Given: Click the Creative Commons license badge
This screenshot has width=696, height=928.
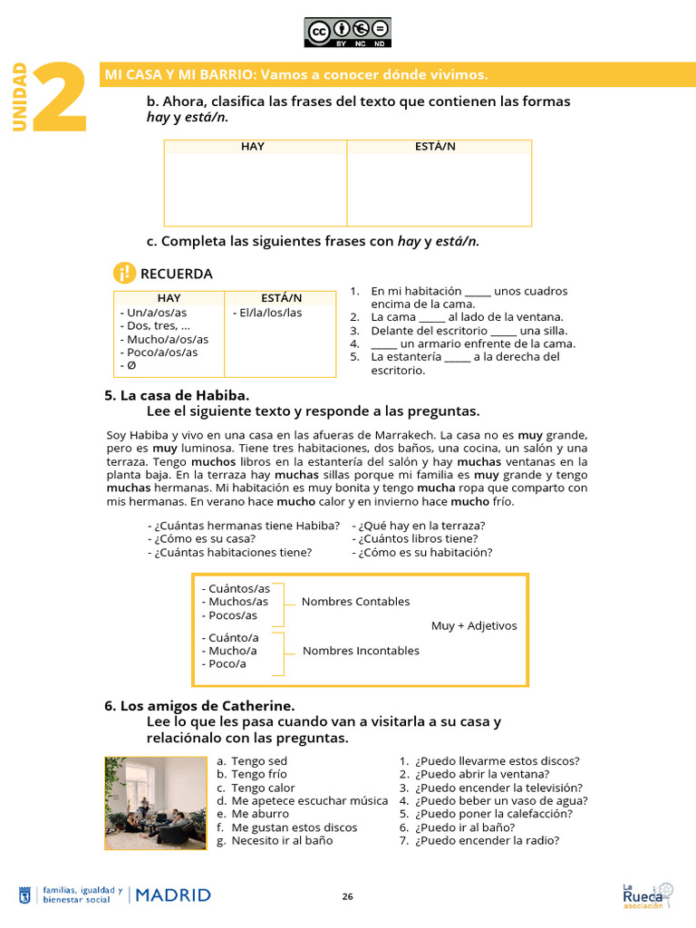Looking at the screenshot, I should (x=348, y=33).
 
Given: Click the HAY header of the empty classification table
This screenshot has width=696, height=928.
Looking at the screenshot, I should (x=253, y=147).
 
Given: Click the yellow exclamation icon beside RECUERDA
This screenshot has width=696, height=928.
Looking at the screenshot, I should (x=124, y=273).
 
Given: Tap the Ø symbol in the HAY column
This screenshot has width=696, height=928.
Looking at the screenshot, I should (x=128, y=365).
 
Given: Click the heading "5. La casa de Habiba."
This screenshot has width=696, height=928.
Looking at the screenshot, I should (x=177, y=395).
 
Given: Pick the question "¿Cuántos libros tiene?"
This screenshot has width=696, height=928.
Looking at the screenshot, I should (x=418, y=538).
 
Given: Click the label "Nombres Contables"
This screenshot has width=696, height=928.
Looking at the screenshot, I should (x=355, y=602).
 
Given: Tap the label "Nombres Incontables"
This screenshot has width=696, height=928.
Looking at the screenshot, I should (x=361, y=651).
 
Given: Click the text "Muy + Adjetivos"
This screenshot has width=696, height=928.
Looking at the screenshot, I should (x=474, y=626).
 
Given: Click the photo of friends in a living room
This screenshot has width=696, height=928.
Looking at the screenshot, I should (x=155, y=803).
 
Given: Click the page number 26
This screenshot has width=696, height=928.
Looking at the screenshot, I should (x=348, y=896).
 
